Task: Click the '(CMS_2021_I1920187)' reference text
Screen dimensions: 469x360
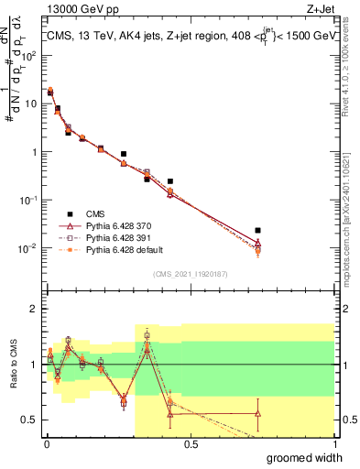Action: coord(191,274)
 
